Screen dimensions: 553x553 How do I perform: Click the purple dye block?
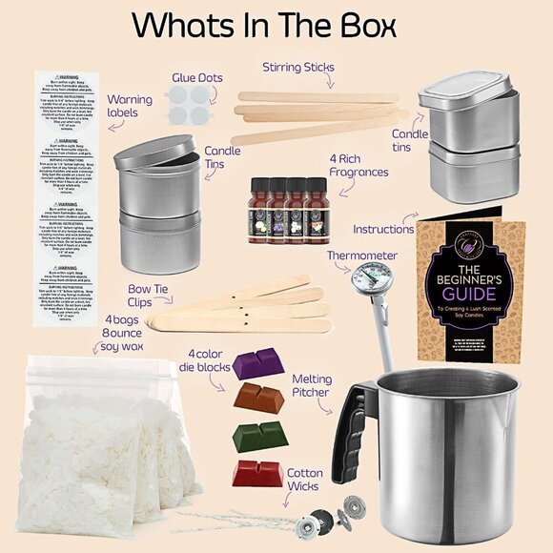257,363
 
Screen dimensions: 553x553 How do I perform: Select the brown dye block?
259,397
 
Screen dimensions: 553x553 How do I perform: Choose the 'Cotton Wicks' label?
305,480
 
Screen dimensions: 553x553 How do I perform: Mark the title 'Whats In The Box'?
276,25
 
